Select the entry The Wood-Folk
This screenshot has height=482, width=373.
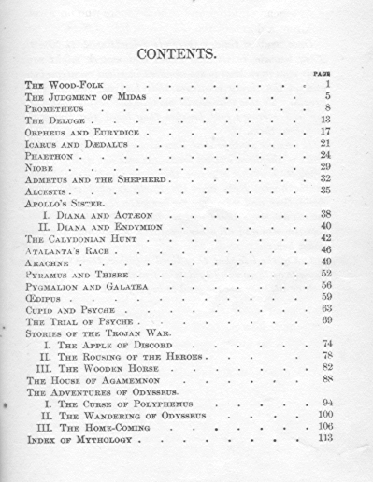point(65,85)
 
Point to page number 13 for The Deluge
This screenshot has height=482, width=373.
point(325,120)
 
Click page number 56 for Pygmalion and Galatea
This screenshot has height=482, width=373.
point(326,285)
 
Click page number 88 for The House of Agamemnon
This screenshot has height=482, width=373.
point(327,379)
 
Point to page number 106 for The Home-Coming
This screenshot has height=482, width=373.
point(324,426)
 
